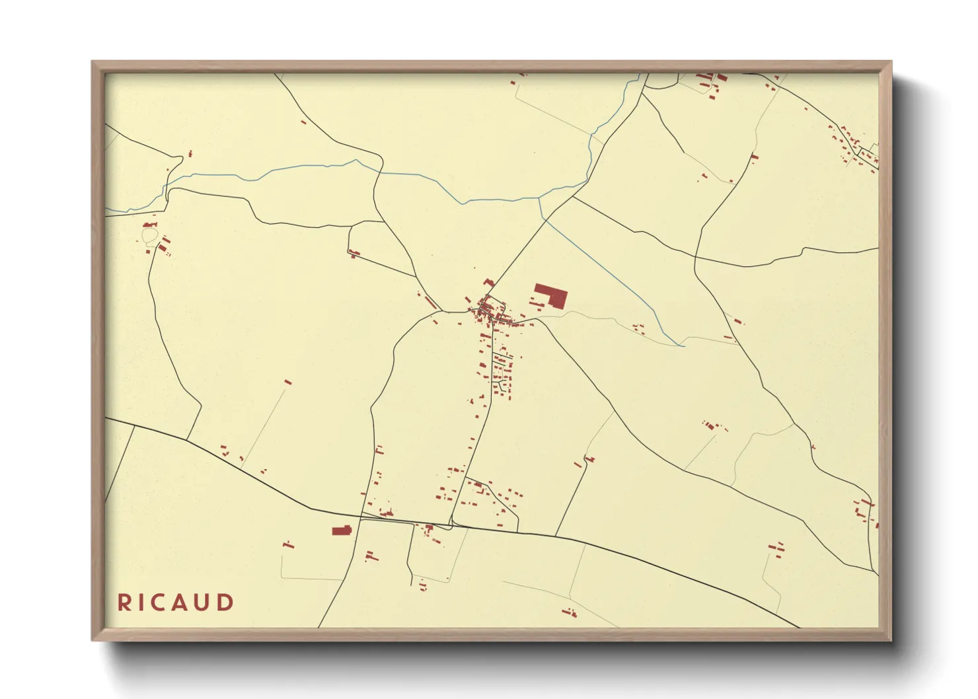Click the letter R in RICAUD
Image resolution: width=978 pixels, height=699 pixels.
pos(124,603)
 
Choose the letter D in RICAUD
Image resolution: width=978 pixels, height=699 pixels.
pos(225,603)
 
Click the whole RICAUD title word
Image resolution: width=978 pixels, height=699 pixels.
pos(175,603)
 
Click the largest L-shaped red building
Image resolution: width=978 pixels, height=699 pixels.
pos(552,295)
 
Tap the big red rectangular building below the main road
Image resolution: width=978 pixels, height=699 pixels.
pos(341,531)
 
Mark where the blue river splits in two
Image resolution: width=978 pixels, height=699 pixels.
pos(541,198)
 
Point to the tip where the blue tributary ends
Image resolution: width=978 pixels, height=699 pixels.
pos(683,346)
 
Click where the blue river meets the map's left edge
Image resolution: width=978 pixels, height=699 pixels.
pos(106,210)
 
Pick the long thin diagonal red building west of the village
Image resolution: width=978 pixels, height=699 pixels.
pos(430,302)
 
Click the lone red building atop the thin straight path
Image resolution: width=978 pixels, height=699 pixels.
pos(287,382)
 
